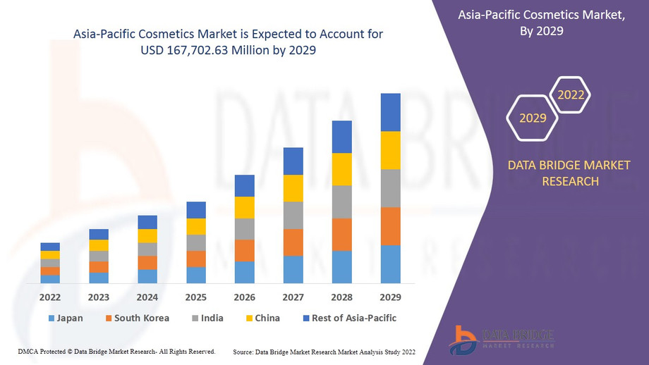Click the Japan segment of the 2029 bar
pos(390,264)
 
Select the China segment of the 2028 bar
pos(341,169)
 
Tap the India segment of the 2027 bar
pos(293,215)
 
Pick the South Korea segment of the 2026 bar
pos(244,250)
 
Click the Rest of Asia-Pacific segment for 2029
pos(390,112)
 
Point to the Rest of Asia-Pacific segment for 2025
pos(196,210)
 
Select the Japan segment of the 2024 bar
pos(147,276)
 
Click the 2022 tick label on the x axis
pos(50,297)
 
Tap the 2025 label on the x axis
pos(196,297)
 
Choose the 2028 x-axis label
pos(341,297)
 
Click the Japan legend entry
pos(66,318)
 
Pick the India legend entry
pos(207,318)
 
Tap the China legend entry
pos(262,318)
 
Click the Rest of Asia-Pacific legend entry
pos(349,318)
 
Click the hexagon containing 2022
pos(571,95)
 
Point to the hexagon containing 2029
pos(533,118)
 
